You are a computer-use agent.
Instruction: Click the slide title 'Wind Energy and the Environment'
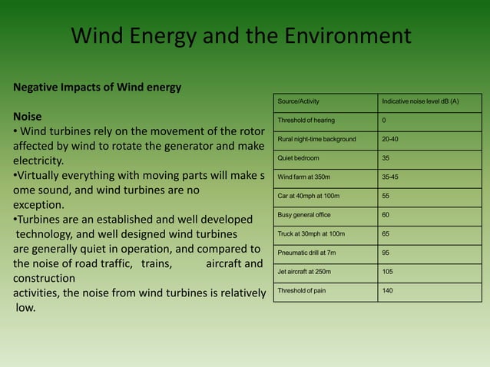[x=241, y=36]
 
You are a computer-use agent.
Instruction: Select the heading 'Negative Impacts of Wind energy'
[x=97, y=87]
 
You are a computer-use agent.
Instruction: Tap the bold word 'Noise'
[x=28, y=118]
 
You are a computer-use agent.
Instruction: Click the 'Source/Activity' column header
[x=299, y=101]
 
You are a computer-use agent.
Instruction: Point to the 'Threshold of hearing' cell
[x=306, y=121]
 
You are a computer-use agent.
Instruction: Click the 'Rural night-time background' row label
[x=317, y=139]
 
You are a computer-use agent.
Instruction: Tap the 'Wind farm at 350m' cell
[x=304, y=177]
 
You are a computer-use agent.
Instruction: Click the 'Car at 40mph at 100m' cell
[x=309, y=196]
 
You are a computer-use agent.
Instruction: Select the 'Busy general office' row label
[x=306, y=214]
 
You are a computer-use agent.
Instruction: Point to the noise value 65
[x=386, y=233]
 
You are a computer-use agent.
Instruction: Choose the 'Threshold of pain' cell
[x=303, y=290]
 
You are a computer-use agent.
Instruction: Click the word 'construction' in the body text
[x=44, y=278]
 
